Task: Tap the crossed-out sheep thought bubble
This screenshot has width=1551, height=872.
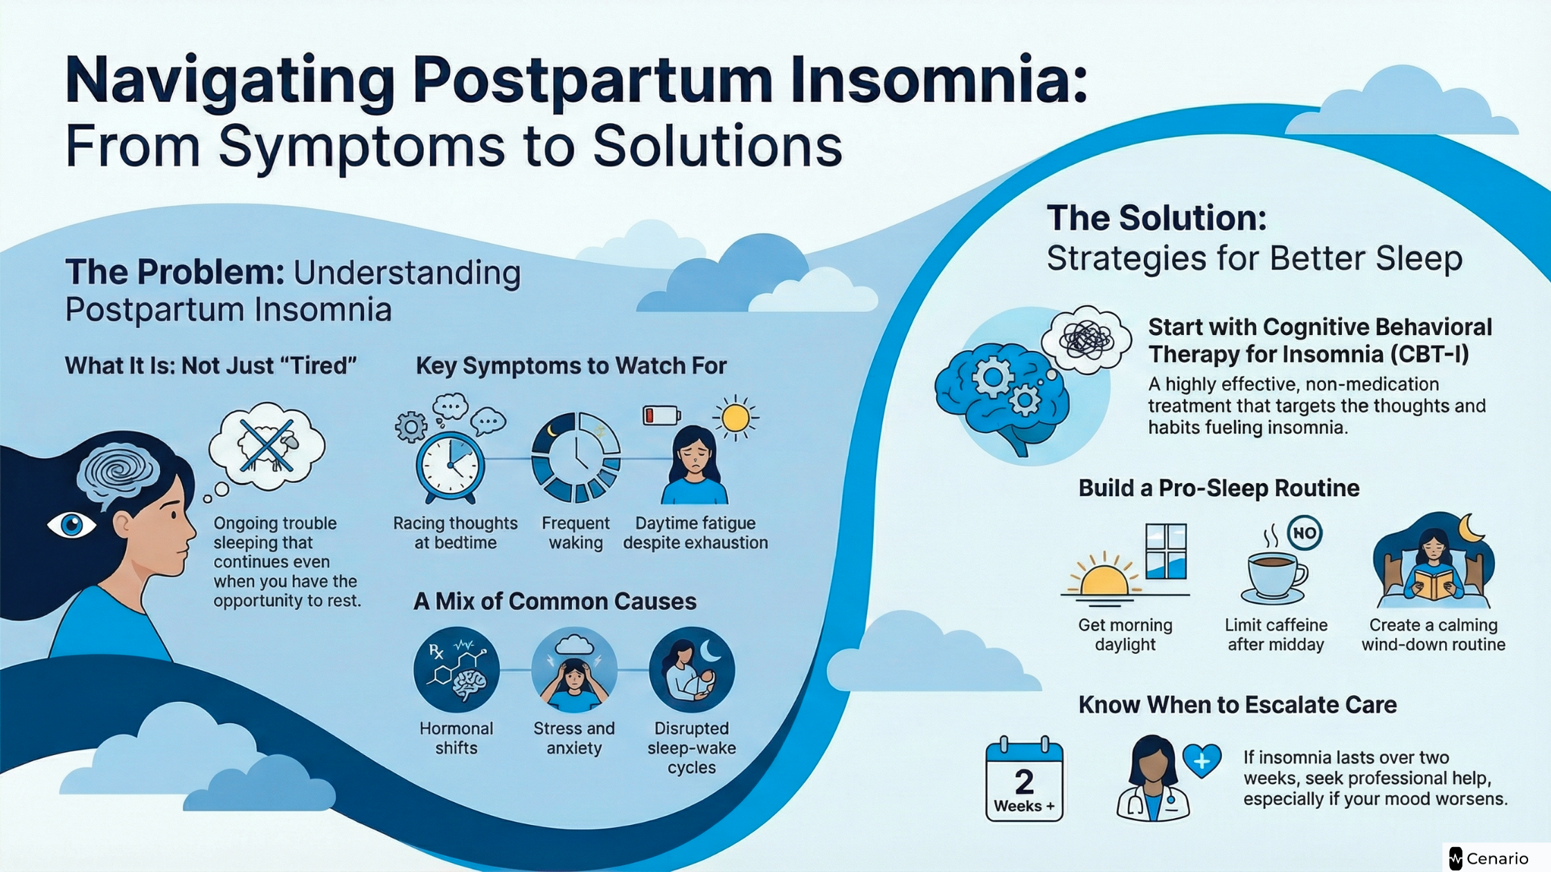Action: (x=267, y=447)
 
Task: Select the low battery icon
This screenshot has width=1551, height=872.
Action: (x=662, y=415)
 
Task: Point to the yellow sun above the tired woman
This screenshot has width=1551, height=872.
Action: (x=735, y=418)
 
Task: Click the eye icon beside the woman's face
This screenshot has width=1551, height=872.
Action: (x=71, y=525)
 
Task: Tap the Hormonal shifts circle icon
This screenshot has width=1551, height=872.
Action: (x=456, y=670)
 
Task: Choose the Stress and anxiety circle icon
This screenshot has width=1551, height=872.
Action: (x=574, y=670)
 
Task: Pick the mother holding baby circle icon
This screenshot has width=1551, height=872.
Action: (x=692, y=670)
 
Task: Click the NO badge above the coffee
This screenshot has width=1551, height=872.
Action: (x=1305, y=533)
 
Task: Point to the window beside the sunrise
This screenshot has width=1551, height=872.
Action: (x=1166, y=552)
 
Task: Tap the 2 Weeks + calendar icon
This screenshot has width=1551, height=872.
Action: (x=1024, y=781)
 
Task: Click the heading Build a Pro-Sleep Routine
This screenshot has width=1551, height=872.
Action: (x=1219, y=489)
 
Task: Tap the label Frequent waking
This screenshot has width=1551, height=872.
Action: (x=575, y=533)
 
